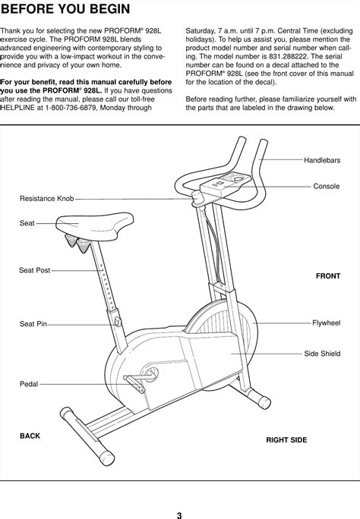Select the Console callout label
pos(327,186)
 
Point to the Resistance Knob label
pos(46,198)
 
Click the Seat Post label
pos(34,270)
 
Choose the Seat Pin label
pos(33,324)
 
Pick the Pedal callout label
pos(29,385)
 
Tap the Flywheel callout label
pos(326,322)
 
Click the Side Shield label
pos(322,354)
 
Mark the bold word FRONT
pos(327,276)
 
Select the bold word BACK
pos(30,436)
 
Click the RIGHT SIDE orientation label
pos(286,439)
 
